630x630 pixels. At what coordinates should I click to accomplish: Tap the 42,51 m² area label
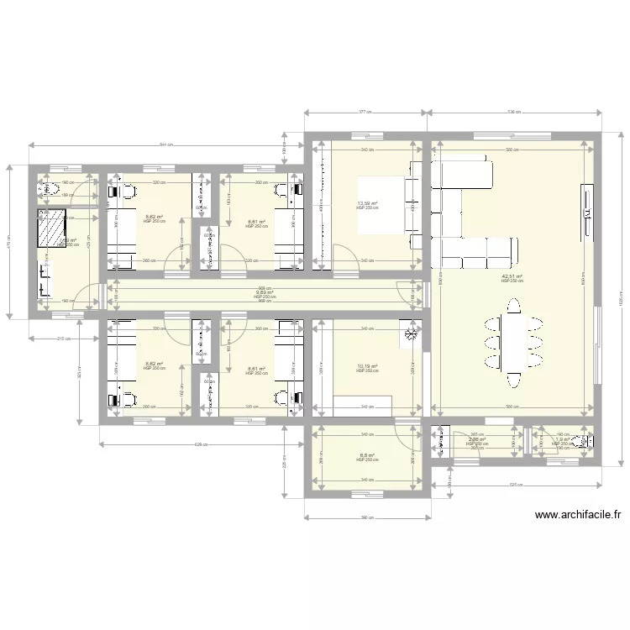pos(512,276)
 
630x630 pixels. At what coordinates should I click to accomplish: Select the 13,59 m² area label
pos(366,202)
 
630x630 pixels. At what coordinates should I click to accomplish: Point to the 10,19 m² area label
pos(366,366)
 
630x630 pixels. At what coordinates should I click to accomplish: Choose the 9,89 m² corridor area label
pos(265,292)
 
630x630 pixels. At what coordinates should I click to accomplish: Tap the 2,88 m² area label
pos(477,439)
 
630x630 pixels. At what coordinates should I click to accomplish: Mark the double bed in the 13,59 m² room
pos(382,203)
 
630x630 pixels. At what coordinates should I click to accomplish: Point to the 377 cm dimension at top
pos(366,111)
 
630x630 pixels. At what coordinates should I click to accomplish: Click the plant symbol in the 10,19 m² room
pos(411,333)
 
